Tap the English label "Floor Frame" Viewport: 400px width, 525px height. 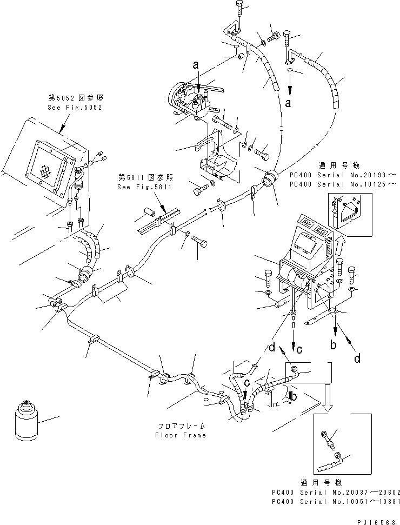click(180, 435)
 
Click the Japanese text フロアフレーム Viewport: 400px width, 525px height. click(180, 426)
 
